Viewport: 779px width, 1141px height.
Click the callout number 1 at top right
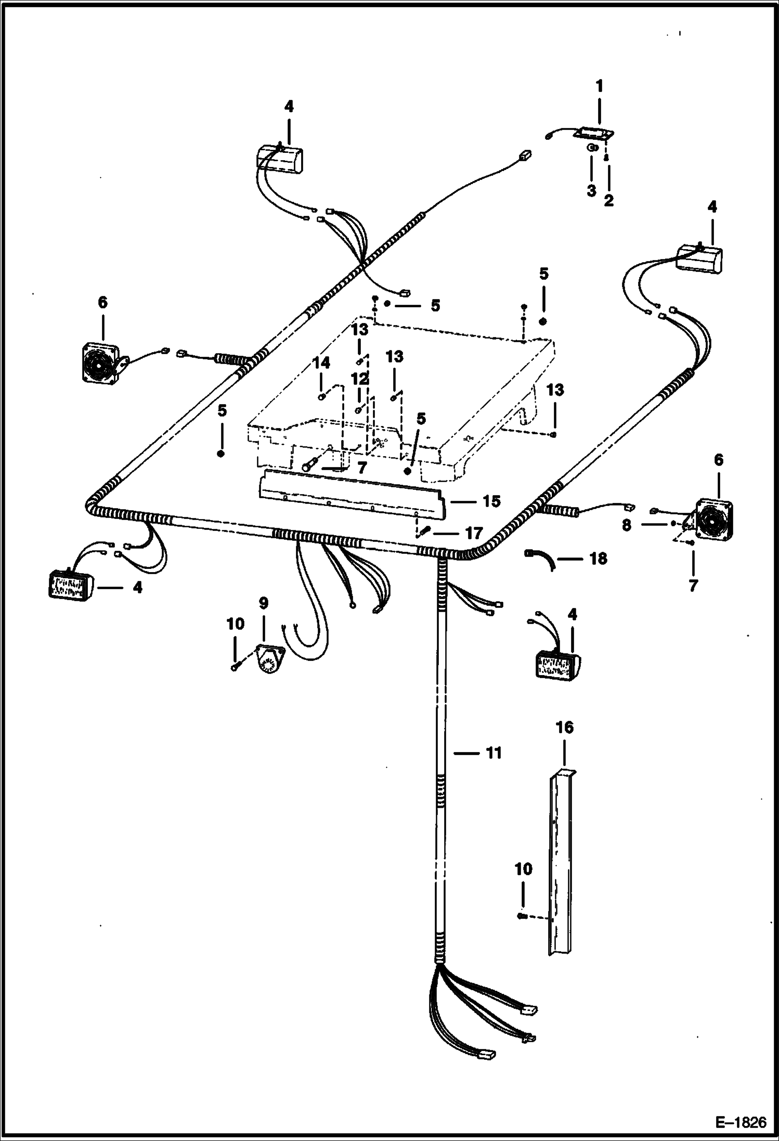(599, 86)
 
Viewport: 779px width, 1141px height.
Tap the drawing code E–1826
(741, 1122)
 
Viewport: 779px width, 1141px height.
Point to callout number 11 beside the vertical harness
(493, 753)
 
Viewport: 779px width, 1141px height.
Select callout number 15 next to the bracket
(491, 501)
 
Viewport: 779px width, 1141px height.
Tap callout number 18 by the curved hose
(598, 559)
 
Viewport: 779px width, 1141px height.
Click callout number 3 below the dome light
(591, 191)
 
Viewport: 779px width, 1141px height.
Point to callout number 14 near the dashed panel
(321, 363)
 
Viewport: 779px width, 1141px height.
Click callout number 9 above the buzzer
(264, 603)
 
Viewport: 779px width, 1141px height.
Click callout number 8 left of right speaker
(627, 525)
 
